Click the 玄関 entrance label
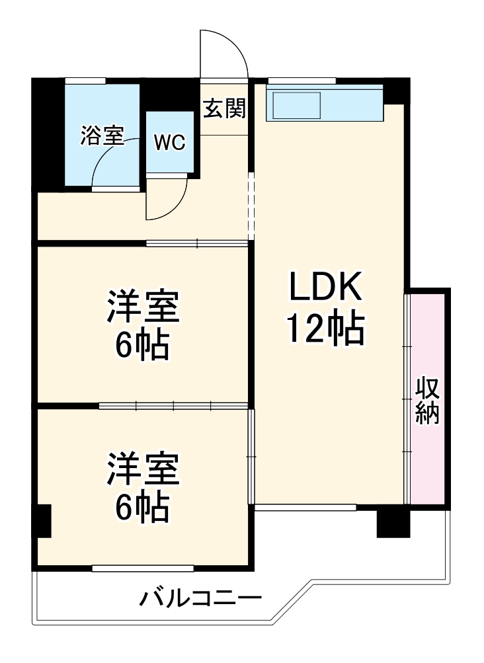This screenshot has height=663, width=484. coord(224,108)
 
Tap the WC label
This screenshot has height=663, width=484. coord(170,143)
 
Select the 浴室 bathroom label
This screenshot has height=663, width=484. coord(102,136)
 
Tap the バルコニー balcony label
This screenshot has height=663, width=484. coord(200,600)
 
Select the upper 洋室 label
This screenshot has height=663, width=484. coord(143,306)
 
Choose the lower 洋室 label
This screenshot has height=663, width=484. coord(143,468)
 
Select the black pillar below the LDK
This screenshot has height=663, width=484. coord(393,522)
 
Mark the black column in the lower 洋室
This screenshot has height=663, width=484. coord(43,520)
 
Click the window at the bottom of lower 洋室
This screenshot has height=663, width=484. coord(143,568)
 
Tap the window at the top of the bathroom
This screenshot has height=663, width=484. coord(85,81)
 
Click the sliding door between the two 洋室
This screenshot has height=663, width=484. coord(173,405)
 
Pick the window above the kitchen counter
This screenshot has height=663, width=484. coord(302,81)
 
